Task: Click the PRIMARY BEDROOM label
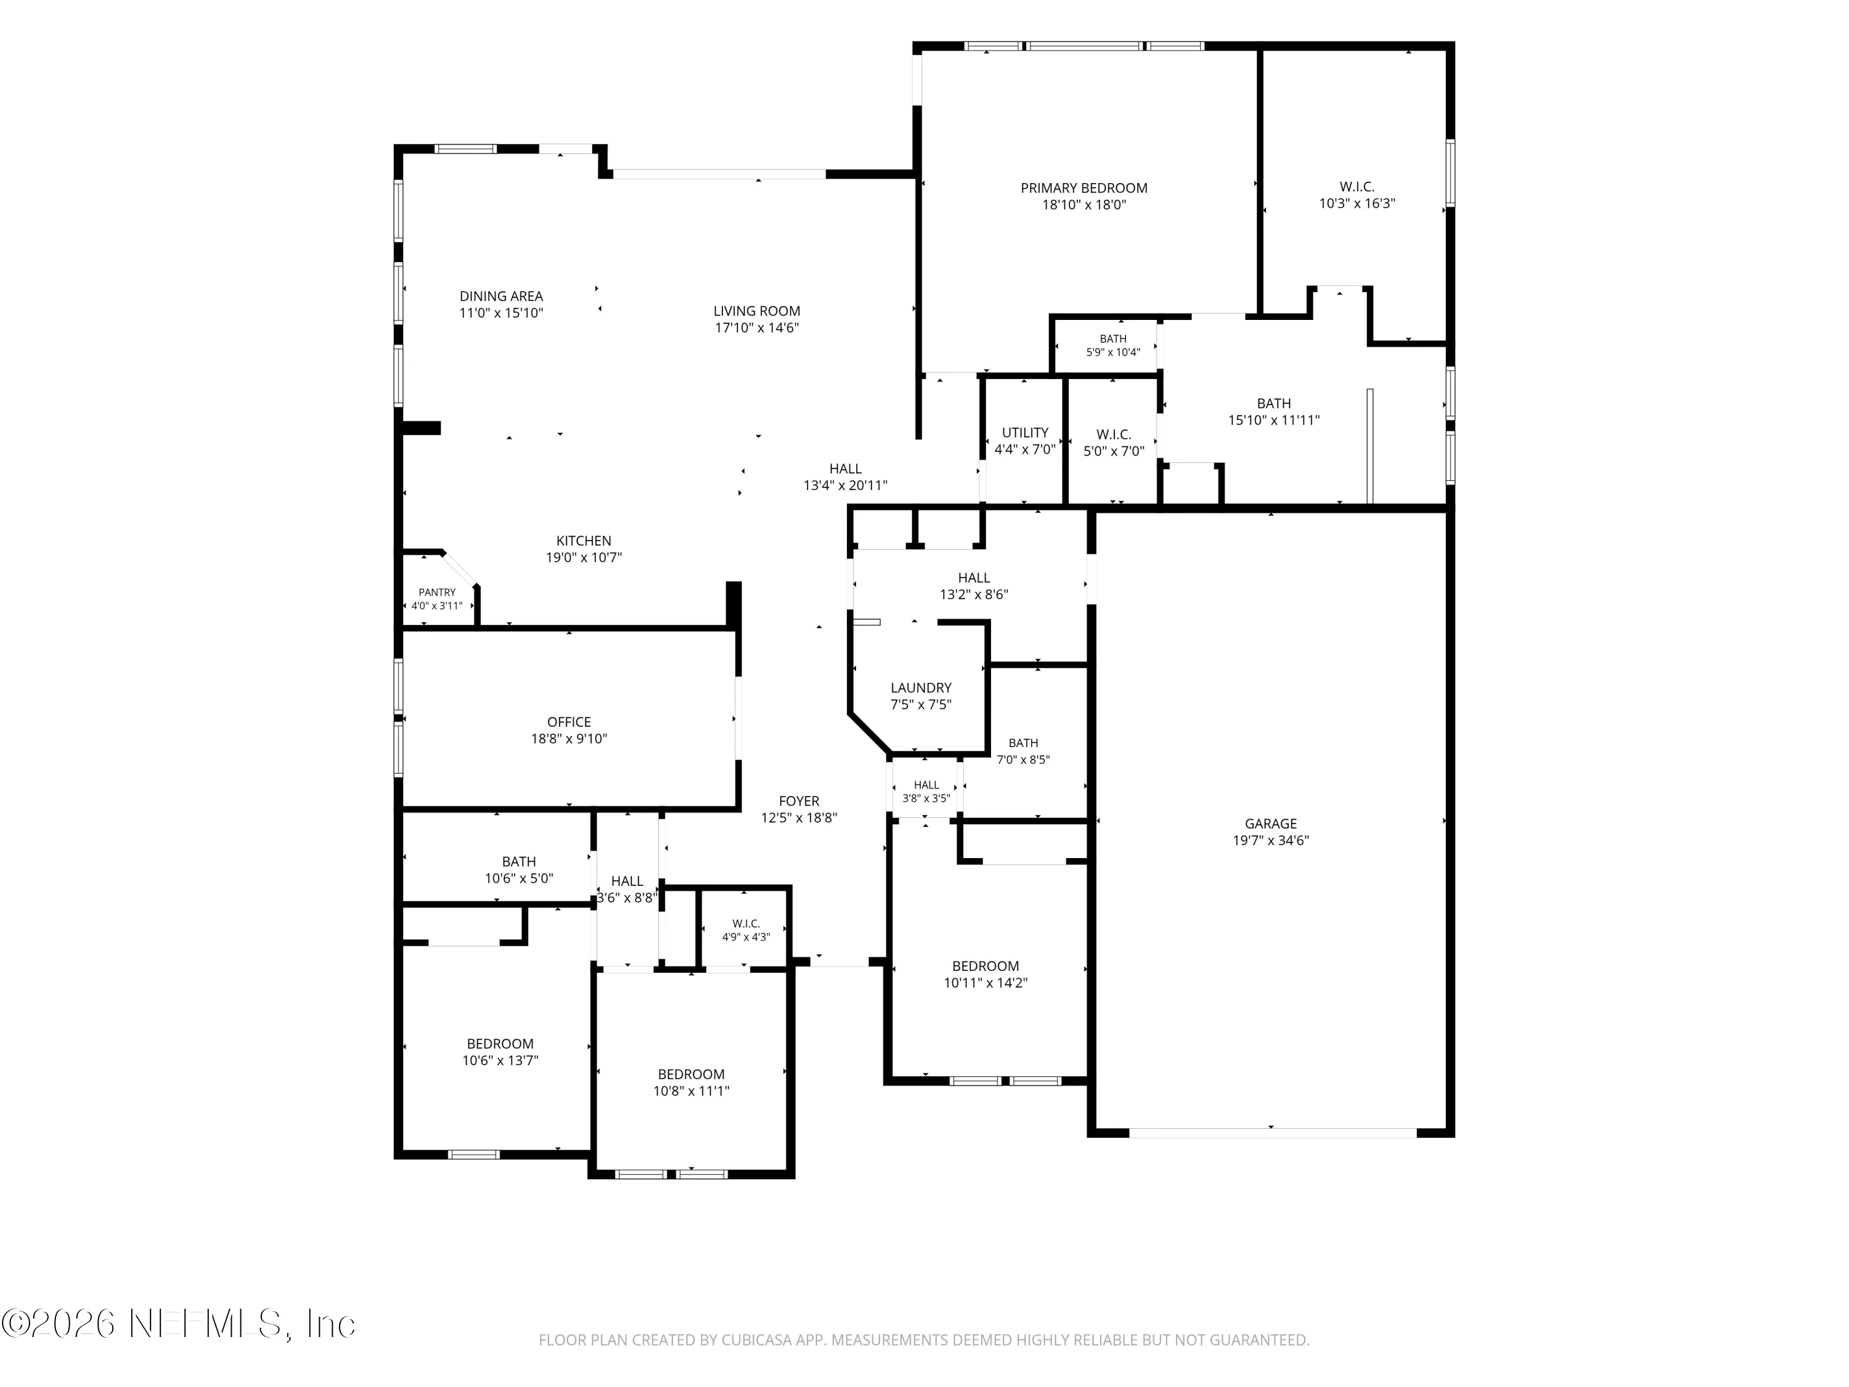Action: coord(1084,188)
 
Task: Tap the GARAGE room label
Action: coord(1270,824)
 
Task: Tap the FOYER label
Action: coord(799,801)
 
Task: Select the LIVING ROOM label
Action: coord(756,311)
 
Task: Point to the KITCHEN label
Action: coord(584,541)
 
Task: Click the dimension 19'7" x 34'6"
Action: coord(1270,840)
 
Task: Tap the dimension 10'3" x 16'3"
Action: coord(1357,203)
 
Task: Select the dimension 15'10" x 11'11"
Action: coord(1273,420)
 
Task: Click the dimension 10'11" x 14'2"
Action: coord(986,983)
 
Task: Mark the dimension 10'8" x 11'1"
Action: coord(692,1091)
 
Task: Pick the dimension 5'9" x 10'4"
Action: coord(1112,353)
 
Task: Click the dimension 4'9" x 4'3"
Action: coord(746,937)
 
